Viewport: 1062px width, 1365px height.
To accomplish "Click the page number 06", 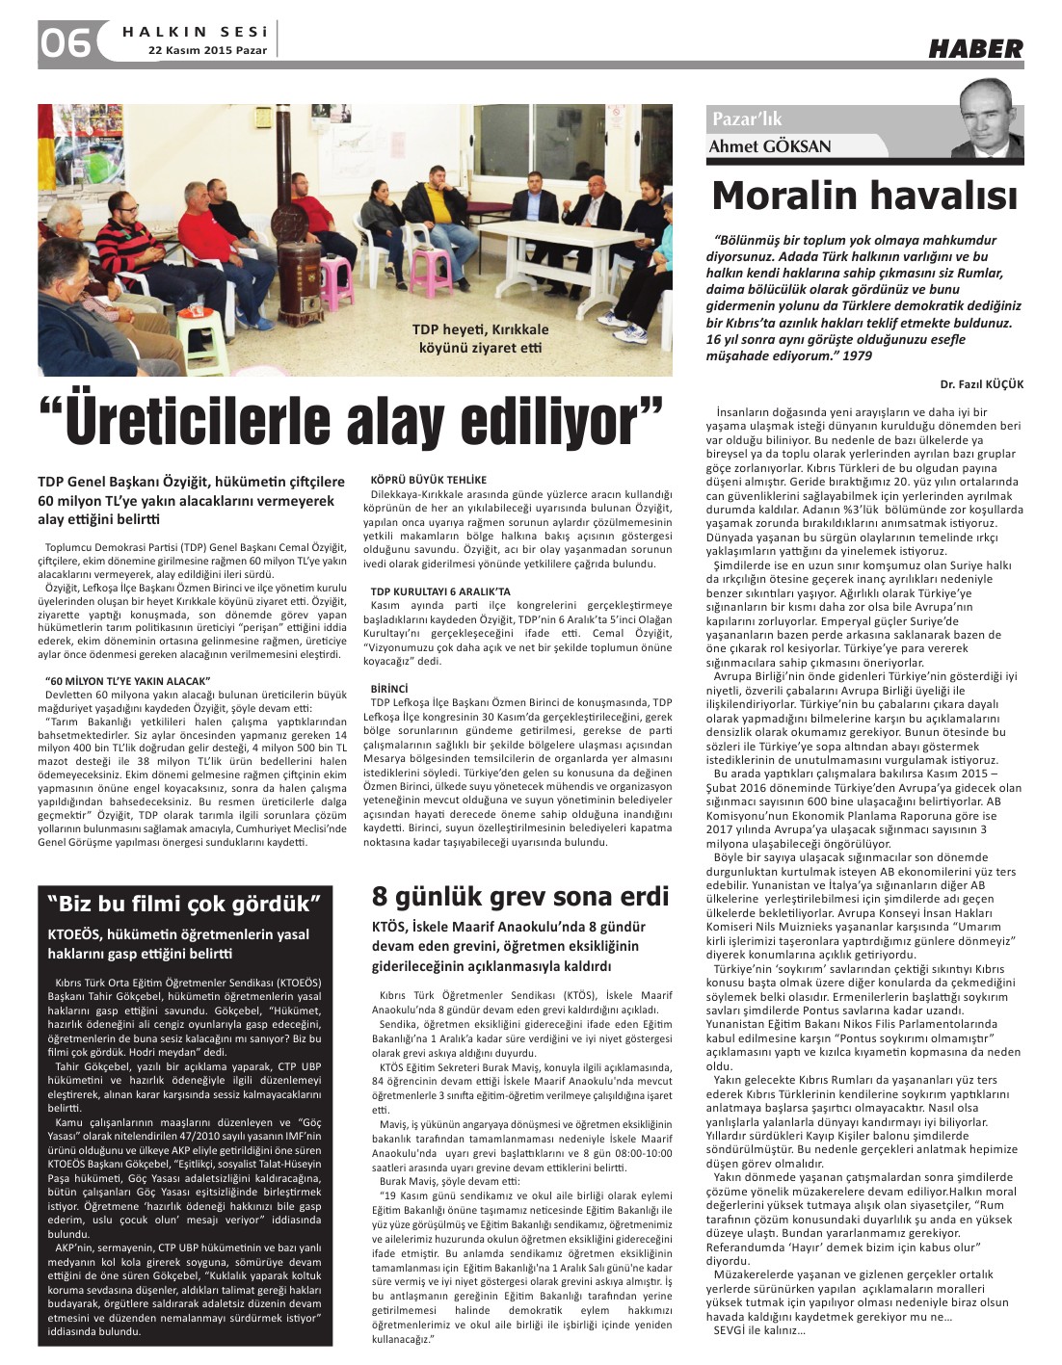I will [65, 42].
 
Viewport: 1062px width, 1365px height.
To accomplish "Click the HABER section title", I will [975, 49].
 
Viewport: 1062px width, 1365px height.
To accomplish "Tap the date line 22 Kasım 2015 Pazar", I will [207, 50].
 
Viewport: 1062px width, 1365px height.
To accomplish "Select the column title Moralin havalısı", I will [864, 196].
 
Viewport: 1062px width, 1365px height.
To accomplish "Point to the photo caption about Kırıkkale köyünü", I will [480, 339].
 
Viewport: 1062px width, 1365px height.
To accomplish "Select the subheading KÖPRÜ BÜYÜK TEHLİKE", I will [429, 480].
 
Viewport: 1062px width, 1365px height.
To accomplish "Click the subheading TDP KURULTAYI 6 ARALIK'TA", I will [440, 591].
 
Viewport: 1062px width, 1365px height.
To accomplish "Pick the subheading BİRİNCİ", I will [389, 689].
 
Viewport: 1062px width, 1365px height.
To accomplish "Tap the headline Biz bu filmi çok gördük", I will [184, 904].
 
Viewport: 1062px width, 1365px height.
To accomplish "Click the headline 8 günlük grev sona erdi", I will [519, 897].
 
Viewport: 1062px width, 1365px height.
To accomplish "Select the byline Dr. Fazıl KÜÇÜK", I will [982, 384].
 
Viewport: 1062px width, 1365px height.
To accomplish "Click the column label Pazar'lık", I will [747, 119].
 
